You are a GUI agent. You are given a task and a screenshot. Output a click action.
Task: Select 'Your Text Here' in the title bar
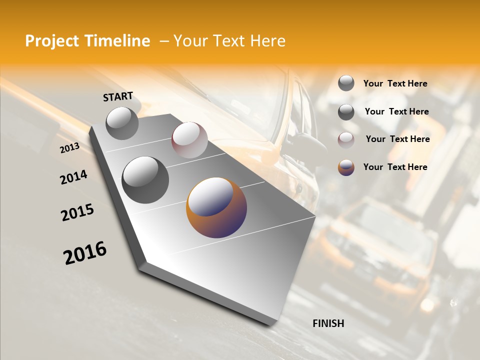point(229,41)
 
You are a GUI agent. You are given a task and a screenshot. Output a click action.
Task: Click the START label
point(118,96)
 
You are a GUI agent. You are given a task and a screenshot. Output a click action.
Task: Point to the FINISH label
point(328,323)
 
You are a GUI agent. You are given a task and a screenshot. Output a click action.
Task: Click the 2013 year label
point(69,148)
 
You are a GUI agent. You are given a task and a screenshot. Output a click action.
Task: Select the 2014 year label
point(73,177)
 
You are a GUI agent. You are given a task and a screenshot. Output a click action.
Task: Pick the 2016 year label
point(85,253)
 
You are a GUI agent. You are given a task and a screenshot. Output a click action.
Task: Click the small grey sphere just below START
point(122,123)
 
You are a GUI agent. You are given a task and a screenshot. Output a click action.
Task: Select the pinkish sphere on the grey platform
point(189,140)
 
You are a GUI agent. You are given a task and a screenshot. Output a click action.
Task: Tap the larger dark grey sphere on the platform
point(145,179)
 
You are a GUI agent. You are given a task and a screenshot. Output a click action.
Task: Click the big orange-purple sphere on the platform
point(216,207)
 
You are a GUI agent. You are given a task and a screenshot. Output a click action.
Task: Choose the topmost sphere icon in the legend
point(346,83)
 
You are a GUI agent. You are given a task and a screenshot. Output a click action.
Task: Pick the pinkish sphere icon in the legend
point(346,139)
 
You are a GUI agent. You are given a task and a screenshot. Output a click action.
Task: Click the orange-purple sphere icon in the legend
point(346,167)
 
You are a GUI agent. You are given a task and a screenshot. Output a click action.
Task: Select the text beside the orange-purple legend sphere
point(395,167)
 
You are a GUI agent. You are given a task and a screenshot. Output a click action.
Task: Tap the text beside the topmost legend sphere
point(395,83)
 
